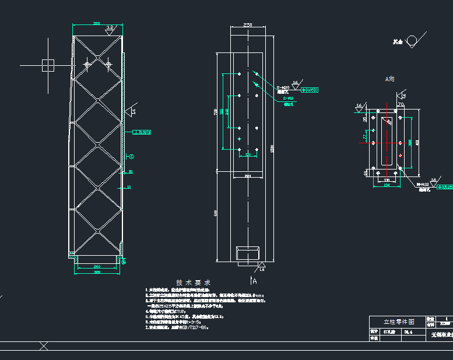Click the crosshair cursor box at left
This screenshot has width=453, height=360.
[48, 65]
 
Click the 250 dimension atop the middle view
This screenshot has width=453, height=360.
[248, 26]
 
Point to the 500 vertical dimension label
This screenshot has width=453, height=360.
[216, 214]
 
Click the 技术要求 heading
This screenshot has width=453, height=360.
[193, 282]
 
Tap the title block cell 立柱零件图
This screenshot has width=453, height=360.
[398, 321]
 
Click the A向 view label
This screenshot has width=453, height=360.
[390, 79]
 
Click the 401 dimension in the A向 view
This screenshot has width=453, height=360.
[418, 140]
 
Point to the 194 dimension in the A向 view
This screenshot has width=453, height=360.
[386, 185]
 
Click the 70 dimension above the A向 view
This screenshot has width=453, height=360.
[401, 104]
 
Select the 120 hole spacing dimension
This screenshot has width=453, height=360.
[248, 155]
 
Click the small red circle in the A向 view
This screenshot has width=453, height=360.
[400, 156]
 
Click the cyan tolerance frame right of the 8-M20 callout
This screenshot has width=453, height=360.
[310, 90]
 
